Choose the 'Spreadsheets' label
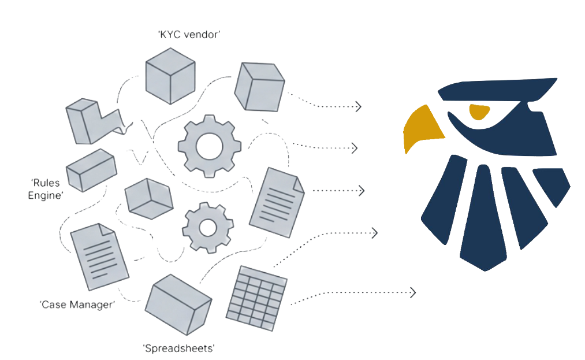178,348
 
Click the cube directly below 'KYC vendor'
169,76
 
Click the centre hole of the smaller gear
208,228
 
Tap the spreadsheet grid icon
256,298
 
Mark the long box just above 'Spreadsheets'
178,305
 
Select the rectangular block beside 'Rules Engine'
92,170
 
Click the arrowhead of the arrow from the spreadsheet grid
412,292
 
